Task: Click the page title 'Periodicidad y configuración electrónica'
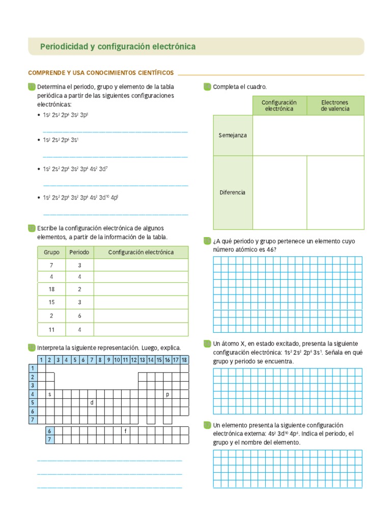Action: (118, 46)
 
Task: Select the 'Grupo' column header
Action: (51, 252)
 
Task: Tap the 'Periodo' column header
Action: (79, 252)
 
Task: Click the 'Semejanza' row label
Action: (233, 135)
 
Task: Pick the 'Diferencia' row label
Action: (233, 192)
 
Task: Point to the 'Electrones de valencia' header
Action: (335, 105)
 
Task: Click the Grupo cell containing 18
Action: (51, 289)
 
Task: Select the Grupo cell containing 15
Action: (51, 302)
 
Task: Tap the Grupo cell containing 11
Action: (51, 330)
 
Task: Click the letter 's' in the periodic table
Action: (50, 394)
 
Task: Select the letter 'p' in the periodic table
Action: (167, 394)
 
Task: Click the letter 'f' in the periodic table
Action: (125, 431)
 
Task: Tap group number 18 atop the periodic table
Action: (184, 360)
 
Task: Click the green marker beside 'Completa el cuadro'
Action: (207, 86)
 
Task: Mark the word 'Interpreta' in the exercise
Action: (51, 348)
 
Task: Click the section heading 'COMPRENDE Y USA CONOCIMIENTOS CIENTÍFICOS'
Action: (101, 73)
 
